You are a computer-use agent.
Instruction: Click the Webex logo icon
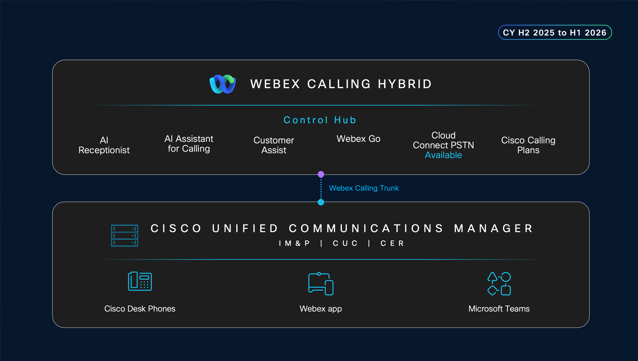tap(223, 84)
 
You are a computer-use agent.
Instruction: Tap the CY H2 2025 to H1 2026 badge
tap(554, 32)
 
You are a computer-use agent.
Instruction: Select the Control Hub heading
tap(320, 120)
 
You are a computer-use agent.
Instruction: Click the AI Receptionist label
tap(104, 145)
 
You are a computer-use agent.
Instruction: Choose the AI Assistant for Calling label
tap(189, 144)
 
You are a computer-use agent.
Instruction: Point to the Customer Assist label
tap(274, 145)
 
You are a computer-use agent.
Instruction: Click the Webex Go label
tap(358, 139)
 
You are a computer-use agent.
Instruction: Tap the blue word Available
tap(443, 155)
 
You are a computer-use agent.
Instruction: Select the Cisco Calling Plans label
tap(528, 145)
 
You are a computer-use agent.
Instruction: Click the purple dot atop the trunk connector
tap(321, 174)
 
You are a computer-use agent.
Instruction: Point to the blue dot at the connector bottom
tap(321, 202)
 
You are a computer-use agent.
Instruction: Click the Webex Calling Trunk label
tap(364, 188)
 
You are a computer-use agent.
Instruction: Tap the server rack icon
tap(124, 235)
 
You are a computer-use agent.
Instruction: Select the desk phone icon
tap(140, 281)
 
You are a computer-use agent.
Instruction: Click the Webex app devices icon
tap(321, 284)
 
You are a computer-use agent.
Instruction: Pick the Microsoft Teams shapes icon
tap(499, 284)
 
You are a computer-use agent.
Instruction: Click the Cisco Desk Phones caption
tap(140, 309)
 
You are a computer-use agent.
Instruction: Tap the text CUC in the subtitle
tap(345, 243)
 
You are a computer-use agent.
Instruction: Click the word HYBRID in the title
tap(405, 84)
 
